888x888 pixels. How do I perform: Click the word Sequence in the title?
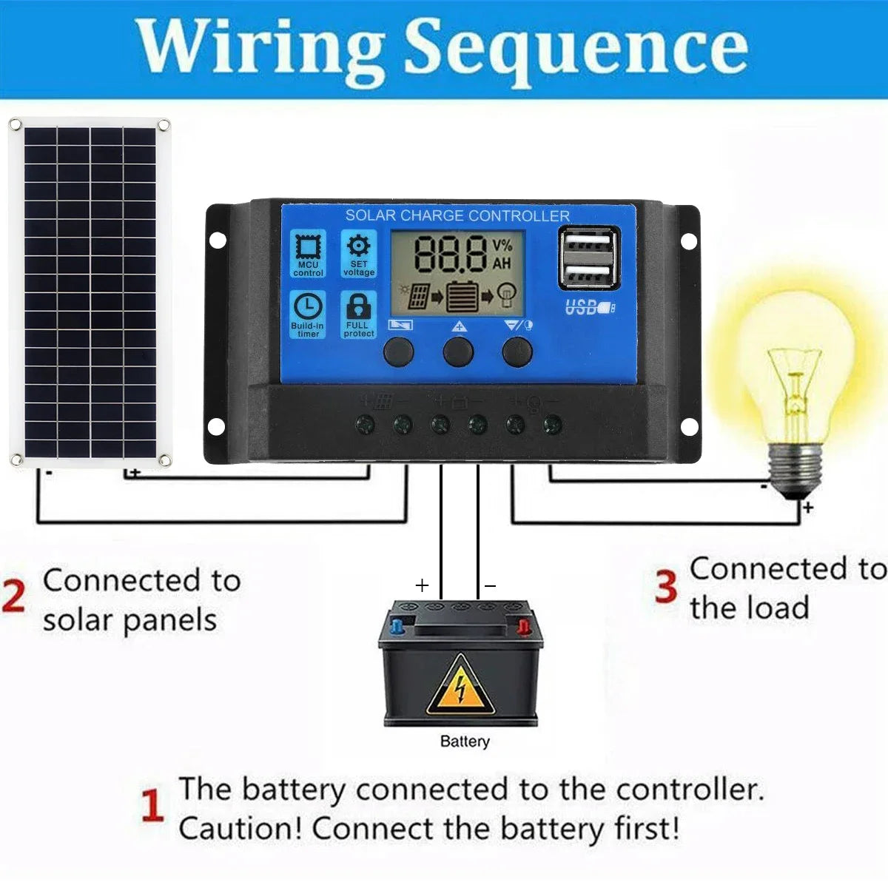[x=576, y=49]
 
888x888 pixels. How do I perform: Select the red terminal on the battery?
[x=523, y=627]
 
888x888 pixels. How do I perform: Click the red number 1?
[x=152, y=806]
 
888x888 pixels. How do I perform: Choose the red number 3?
[x=666, y=587]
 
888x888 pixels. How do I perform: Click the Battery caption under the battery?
[x=465, y=741]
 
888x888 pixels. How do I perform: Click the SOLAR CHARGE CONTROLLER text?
[x=457, y=216]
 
